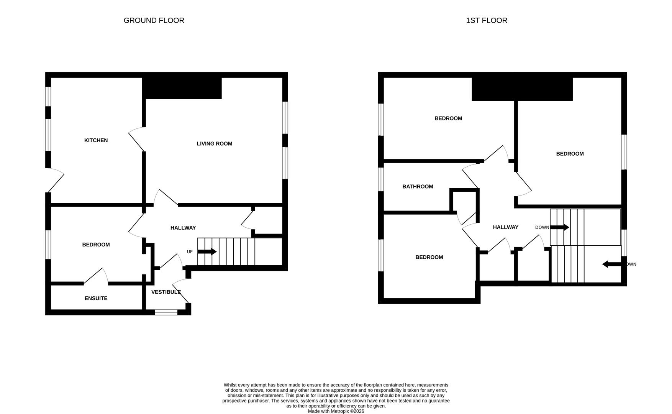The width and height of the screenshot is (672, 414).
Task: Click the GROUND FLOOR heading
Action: (154, 20)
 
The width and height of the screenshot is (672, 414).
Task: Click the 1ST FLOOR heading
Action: (486, 20)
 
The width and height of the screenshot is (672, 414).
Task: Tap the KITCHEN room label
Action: (96, 140)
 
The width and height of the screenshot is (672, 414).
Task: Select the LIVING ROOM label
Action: (214, 144)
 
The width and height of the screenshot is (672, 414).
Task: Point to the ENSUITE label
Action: (96, 298)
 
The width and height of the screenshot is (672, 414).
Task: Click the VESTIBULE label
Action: (166, 292)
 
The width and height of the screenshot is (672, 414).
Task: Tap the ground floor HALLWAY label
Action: (183, 228)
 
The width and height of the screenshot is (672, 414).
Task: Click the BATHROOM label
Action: (418, 187)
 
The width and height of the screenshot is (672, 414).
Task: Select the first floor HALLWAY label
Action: (505, 227)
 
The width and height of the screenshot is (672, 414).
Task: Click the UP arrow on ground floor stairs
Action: (207, 252)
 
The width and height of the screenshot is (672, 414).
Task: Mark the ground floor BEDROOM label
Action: (96, 245)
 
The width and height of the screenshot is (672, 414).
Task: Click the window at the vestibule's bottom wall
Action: (166, 312)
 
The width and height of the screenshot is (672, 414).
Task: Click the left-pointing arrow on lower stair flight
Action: (611, 264)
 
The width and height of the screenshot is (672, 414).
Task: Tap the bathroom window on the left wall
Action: (381, 179)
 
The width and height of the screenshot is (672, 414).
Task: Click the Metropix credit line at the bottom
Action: (336, 411)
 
